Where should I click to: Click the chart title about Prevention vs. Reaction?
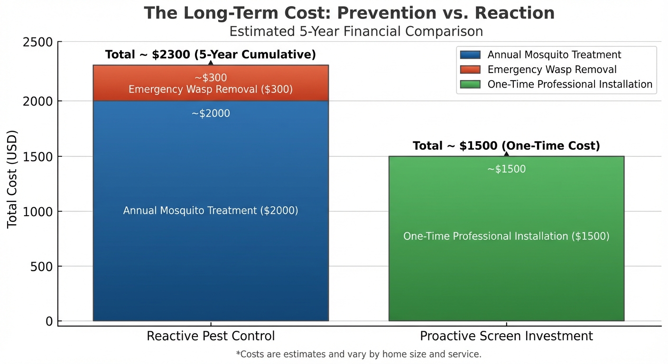tap(349, 13)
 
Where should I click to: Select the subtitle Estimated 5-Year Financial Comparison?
tap(356, 32)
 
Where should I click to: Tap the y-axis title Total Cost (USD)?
tap(12, 179)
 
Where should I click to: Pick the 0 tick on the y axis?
tap(49, 321)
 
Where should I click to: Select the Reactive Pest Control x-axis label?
tap(211, 337)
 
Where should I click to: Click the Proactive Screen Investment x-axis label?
tap(506, 337)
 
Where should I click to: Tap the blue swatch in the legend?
tap(470, 55)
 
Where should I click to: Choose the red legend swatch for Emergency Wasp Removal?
tap(470, 70)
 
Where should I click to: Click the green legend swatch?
tap(470, 84)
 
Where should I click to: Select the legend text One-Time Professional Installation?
tap(570, 84)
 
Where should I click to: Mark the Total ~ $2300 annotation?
tap(210, 55)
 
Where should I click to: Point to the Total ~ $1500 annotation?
tap(506, 146)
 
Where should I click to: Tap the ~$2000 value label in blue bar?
tap(211, 114)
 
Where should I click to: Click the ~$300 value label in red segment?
tap(211, 78)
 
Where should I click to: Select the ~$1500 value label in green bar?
tap(506, 169)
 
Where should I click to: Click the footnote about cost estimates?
tap(358, 354)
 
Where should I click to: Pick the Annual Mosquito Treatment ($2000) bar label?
tap(211, 210)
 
